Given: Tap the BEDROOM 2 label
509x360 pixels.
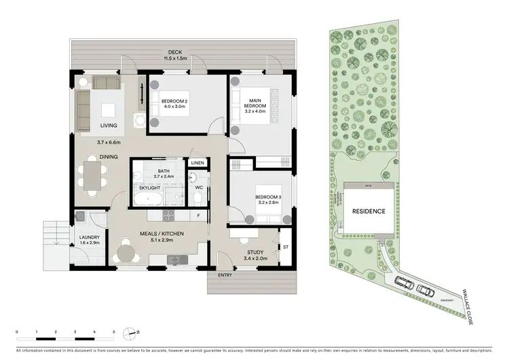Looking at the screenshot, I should point(174,104).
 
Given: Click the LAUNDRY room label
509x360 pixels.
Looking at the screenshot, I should point(90,240).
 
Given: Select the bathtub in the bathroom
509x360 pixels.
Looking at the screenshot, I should point(148,199).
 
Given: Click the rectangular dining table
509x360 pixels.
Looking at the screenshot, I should point(92,173).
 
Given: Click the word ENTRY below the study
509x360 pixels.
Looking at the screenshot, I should point(225,275).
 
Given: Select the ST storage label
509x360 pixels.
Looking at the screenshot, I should point(286,247).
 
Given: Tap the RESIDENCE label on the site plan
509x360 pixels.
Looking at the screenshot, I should point(369,211).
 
